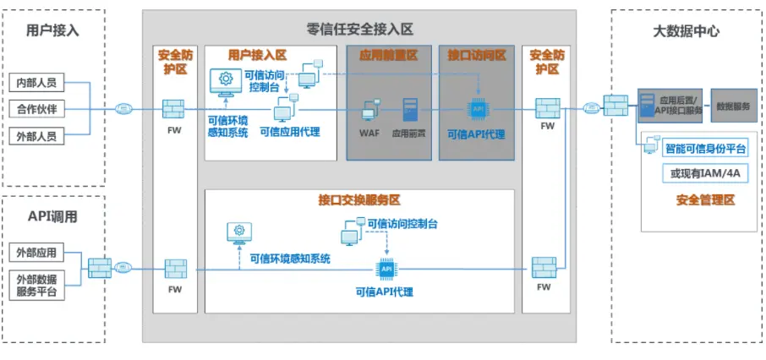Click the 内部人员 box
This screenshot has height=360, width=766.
tap(36, 84)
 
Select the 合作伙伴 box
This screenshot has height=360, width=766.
tap(36, 109)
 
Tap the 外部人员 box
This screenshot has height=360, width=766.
tap(36, 135)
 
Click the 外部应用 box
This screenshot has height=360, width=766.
tap(36, 253)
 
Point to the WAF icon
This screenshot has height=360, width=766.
tap(369, 111)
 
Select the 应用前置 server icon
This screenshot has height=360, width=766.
tap(410, 111)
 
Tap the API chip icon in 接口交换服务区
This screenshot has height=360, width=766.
tap(386, 269)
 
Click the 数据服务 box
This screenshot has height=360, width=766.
tap(733, 106)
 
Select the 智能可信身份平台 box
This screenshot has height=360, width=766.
tap(706, 149)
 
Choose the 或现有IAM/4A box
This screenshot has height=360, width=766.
tap(704, 173)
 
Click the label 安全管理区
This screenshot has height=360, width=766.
tap(705, 200)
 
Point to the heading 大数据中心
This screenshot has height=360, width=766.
tap(686, 31)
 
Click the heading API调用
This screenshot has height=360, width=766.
tap(53, 216)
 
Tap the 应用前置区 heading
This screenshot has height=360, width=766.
tap(388, 55)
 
